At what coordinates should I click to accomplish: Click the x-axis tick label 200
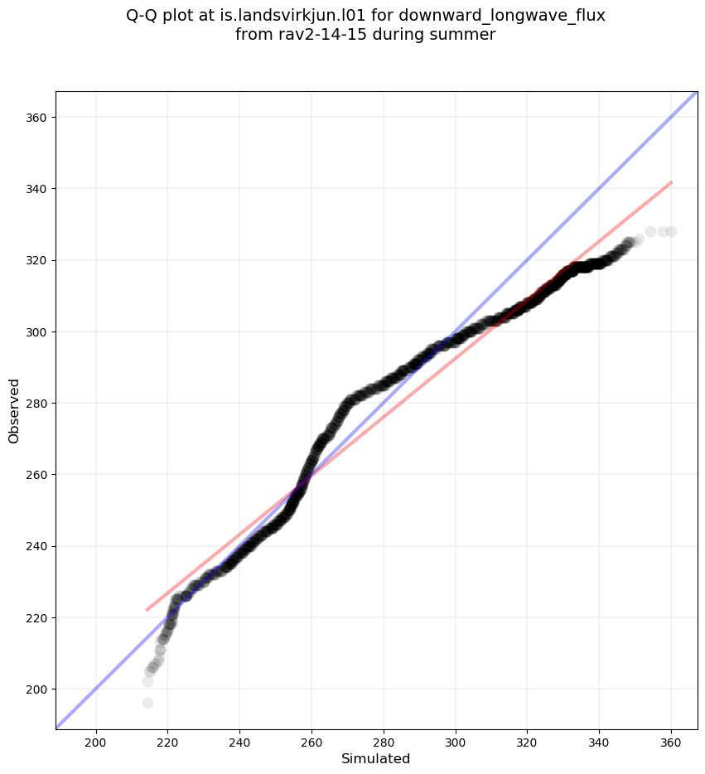click(x=96, y=741)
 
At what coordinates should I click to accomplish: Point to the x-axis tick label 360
click(x=671, y=741)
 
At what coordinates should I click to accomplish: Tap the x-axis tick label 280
click(x=384, y=741)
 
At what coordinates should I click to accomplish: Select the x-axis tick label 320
click(x=527, y=741)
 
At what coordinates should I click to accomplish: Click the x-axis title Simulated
click(x=375, y=758)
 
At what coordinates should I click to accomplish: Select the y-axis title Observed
click(x=14, y=411)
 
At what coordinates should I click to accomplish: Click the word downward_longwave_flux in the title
click(x=515, y=16)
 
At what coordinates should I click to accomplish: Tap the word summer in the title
click(x=467, y=35)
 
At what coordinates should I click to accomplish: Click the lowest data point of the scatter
click(x=147, y=703)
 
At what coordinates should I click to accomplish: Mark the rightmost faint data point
click(x=671, y=231)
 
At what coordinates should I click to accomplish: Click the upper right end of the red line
click(x=671, y=182)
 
